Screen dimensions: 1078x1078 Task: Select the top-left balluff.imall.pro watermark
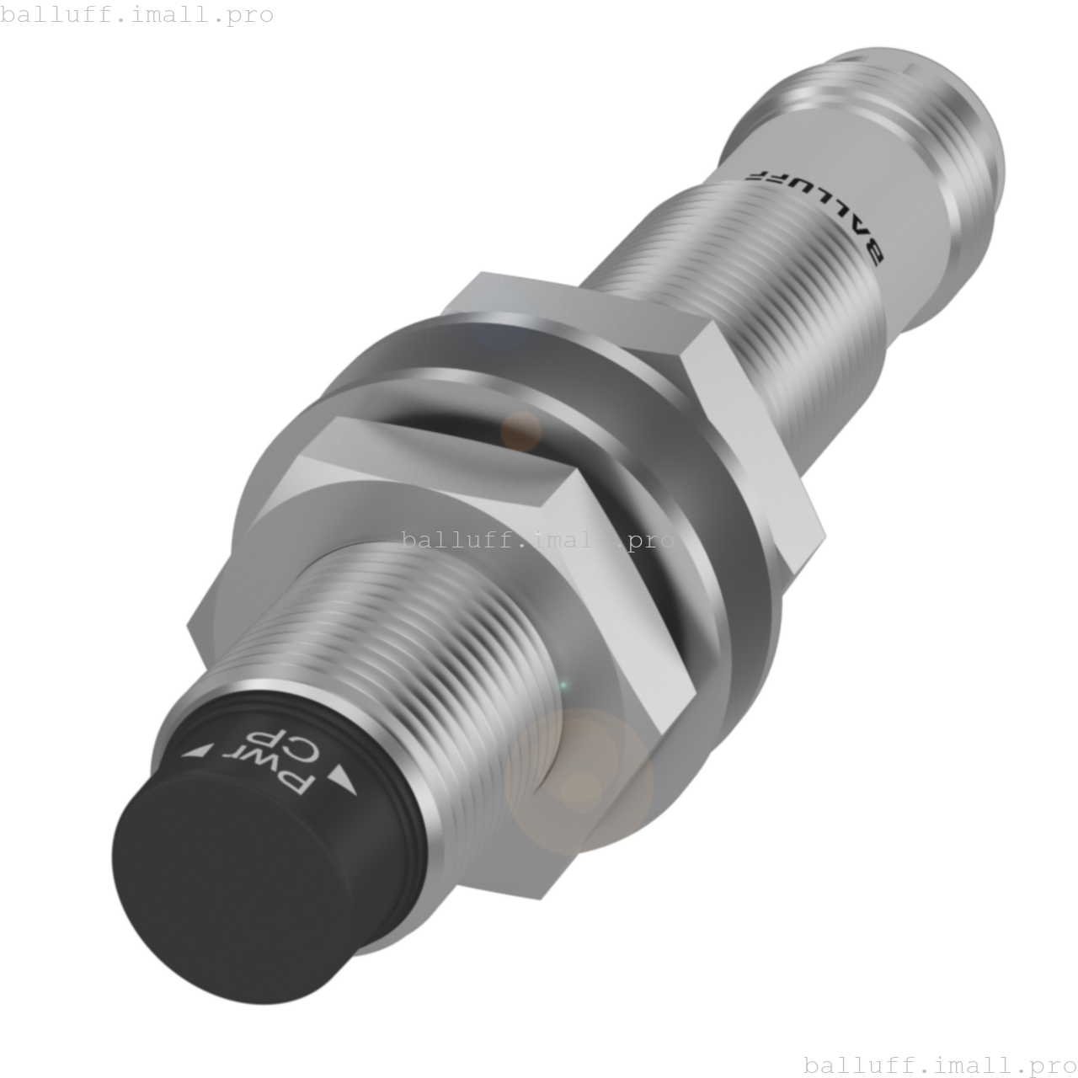[x=136, y=14]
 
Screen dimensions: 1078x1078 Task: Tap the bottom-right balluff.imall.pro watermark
[x=940, y=1065]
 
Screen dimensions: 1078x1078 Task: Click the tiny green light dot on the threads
[x=563, y=686]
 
